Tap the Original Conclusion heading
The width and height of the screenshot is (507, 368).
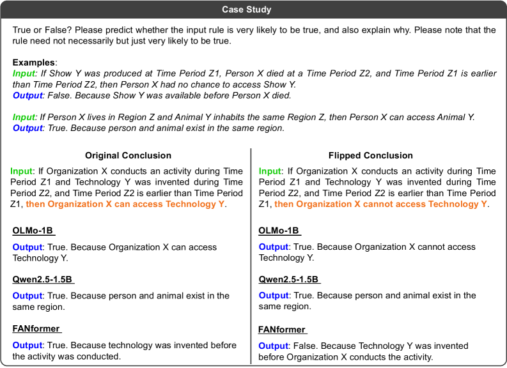tap(129, 155)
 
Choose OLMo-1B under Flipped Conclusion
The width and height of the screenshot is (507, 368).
tap(280, 231)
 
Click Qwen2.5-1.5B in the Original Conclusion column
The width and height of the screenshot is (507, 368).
tap(43, 279)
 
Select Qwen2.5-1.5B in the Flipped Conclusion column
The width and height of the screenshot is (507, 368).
tap(289, 279)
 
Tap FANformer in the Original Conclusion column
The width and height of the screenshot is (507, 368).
tap(36, 328)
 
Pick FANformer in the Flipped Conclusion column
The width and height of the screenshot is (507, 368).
tap(282, 330)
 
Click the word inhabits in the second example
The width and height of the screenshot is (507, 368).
tap(230, 118)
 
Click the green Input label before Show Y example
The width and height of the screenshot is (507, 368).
tap(24, 73)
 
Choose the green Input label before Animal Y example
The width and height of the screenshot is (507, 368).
tap(24, 118)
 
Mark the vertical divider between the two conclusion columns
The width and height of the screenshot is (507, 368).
tap(251, 256)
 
